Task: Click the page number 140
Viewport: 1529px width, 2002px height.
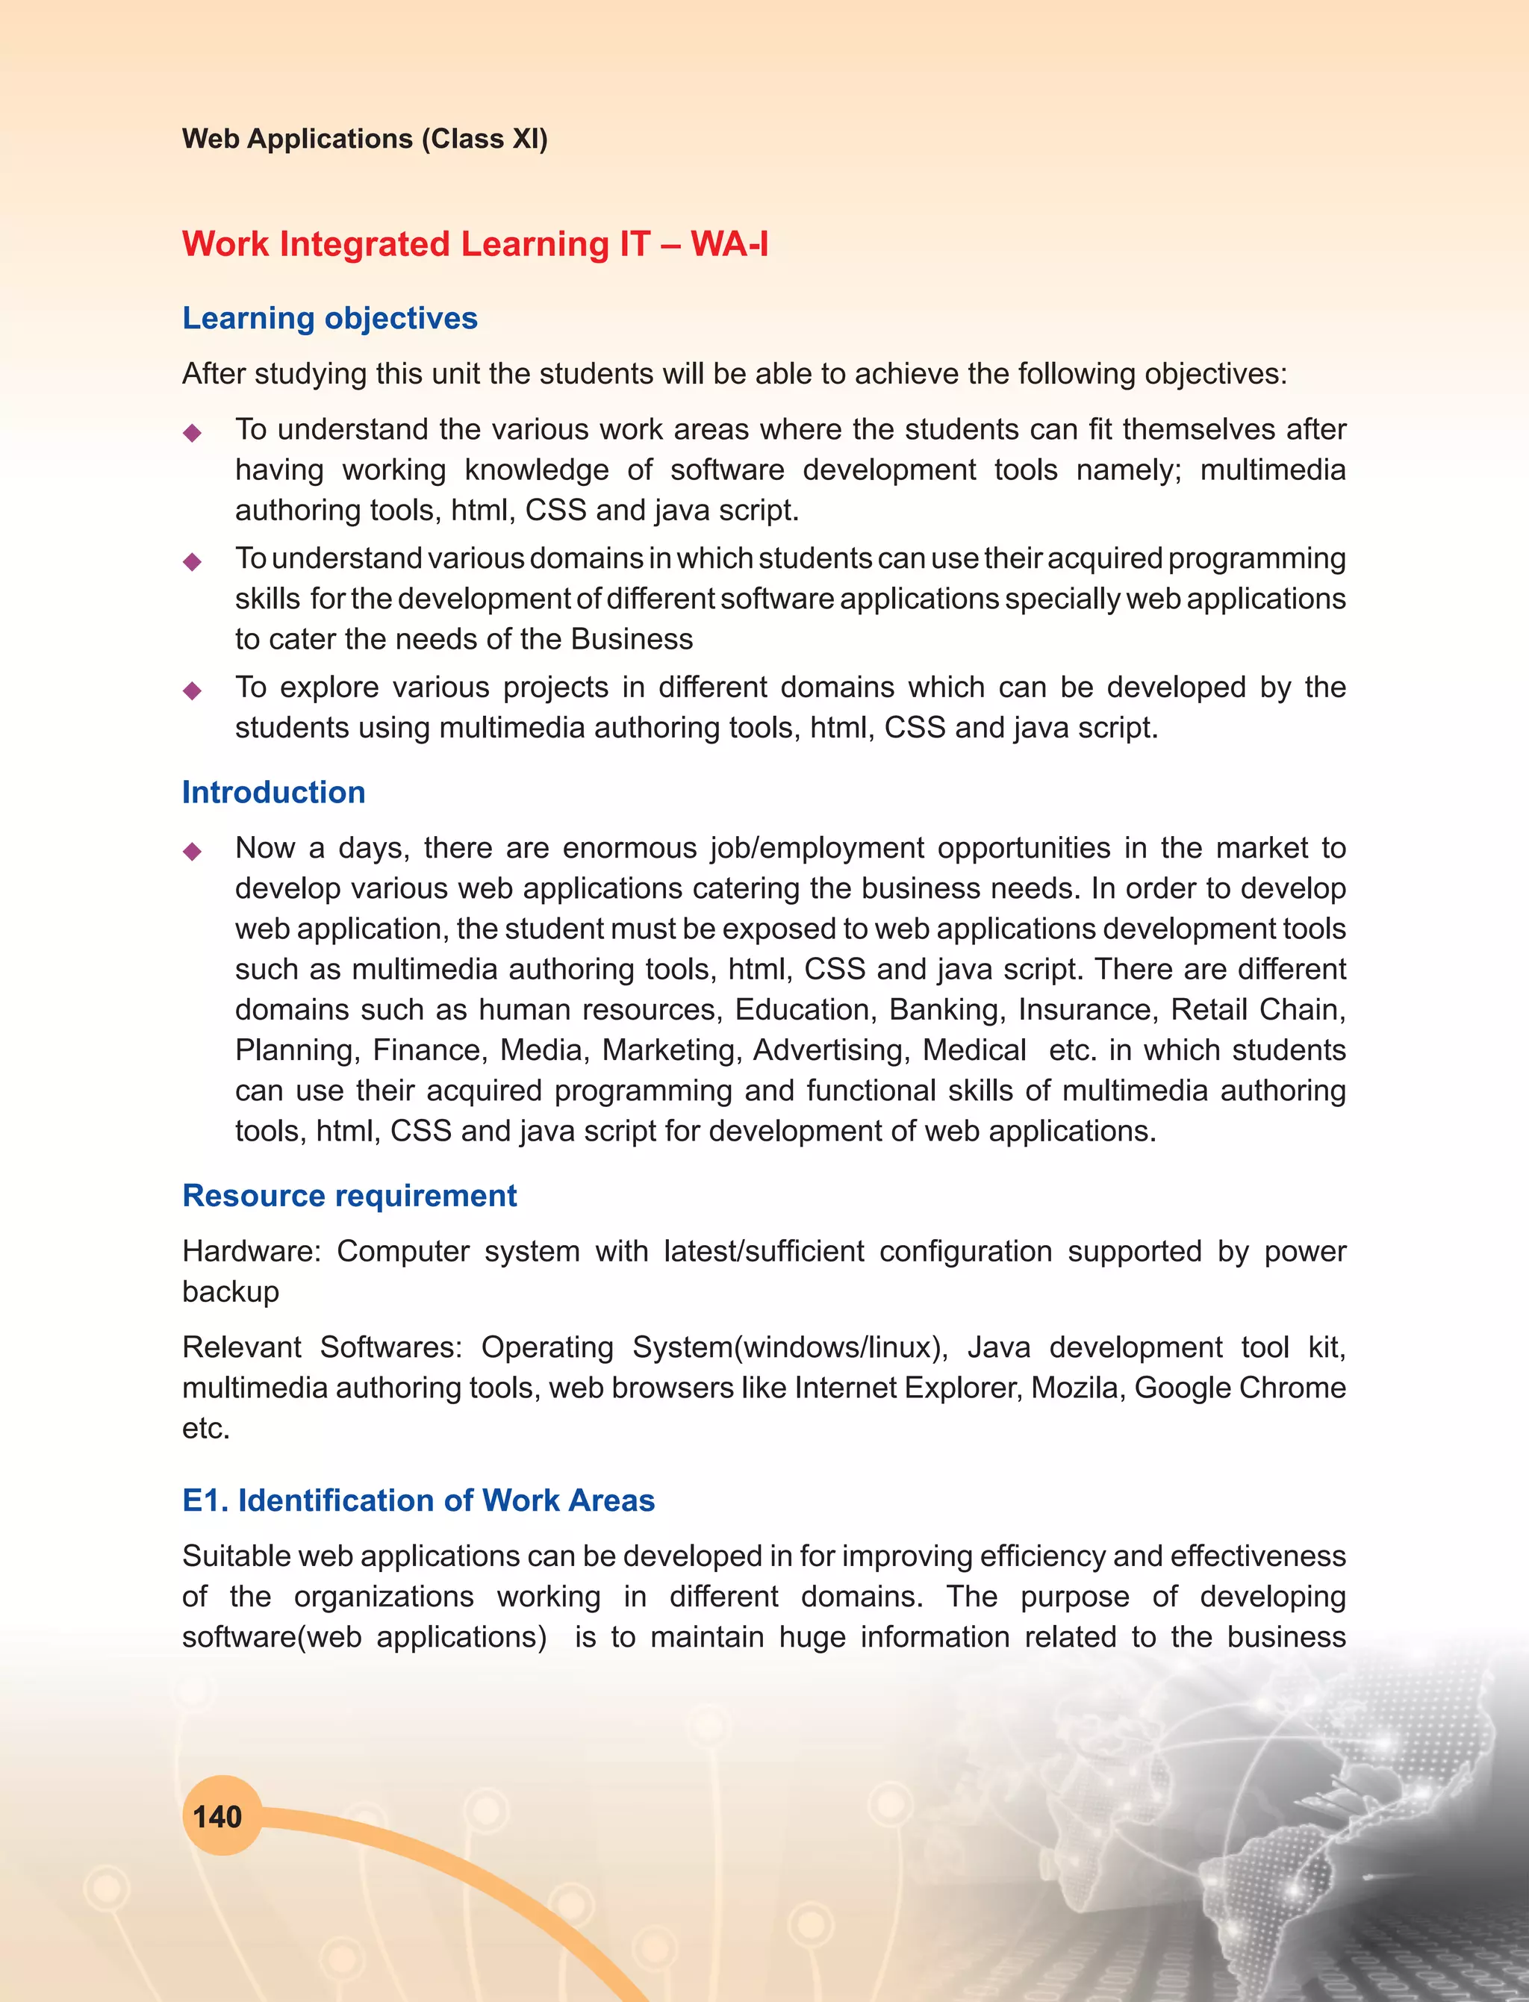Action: pos(217,1818)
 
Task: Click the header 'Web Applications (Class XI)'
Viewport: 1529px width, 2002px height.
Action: pos(365,138)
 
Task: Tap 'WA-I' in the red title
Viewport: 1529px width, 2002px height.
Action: pos(729,244)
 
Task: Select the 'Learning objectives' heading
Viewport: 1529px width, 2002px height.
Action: pos(329,317)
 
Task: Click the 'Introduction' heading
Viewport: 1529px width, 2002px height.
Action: pos(273,792)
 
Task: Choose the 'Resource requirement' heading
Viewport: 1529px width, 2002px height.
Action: pos(349,1195)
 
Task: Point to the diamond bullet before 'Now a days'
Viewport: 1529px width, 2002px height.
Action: pos(192,851)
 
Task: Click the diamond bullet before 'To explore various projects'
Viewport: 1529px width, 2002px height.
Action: pos(192,690)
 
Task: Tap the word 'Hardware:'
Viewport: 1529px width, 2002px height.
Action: pos(251,1251)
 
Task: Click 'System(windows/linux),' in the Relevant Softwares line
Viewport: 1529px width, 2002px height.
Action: pos(790,1347)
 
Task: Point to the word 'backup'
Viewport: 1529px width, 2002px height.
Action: pos(230,1291)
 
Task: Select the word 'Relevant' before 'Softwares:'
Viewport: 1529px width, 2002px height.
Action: pos(241,1347)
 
